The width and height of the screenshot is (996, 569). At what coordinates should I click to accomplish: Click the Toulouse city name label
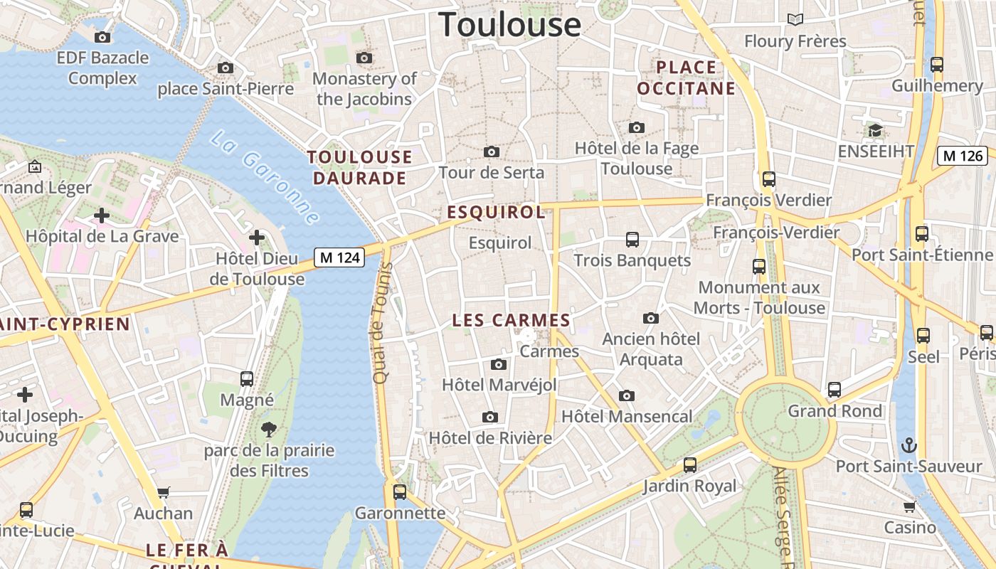[509, 24]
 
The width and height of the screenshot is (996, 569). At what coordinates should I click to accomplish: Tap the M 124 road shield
[339, 257]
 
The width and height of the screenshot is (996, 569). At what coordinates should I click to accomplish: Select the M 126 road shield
[962, 156]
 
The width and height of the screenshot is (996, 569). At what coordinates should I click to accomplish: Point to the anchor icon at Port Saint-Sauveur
[909, 446]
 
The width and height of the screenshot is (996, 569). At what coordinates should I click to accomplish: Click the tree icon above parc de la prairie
[269, 429]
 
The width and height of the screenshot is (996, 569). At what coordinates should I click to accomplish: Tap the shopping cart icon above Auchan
[164, 492]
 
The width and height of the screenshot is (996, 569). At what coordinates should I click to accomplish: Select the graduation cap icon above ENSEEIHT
[875, 131]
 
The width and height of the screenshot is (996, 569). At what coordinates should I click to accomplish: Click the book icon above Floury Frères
[795, 20]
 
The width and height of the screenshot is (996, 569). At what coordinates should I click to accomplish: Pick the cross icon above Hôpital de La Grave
[102, 215]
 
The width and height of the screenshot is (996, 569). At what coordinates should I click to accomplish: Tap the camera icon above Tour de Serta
[491, 151]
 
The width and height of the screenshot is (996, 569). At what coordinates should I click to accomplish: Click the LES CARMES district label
[512, 321]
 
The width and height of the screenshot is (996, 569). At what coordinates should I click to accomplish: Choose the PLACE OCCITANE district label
[685, 78]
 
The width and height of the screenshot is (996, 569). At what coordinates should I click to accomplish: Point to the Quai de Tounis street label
[382, 324]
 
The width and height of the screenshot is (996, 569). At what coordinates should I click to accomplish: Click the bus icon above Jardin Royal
[689, 465]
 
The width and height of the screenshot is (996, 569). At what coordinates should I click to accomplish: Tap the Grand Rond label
[835, 411]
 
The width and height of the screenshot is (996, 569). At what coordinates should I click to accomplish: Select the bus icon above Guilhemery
[937, 65]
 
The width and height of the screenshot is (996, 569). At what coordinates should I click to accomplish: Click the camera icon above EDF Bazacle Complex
[102, 37]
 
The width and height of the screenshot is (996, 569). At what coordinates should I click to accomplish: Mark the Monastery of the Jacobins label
[364, 89]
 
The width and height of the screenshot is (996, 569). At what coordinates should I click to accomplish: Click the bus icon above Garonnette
[400, 491]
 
